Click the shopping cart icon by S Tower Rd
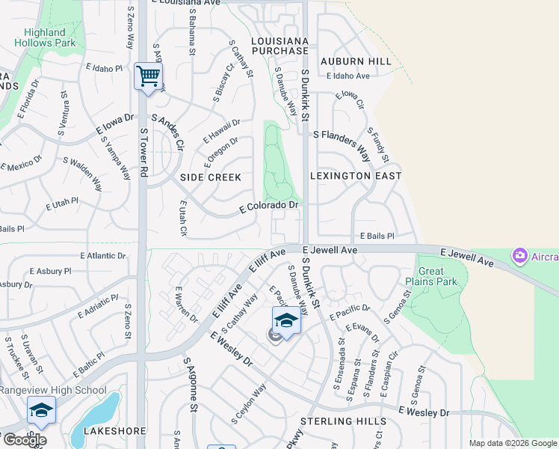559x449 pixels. coord(148,76)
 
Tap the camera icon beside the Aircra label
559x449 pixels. coord(519,257)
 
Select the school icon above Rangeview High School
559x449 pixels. coord(41,411)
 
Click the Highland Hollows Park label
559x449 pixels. coord(45,37)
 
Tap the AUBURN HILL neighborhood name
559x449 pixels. coord(356,61)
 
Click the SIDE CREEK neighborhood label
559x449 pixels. coord(211,177)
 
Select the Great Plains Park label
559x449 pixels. coord(430,276)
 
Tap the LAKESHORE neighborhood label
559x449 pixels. coord(114,432)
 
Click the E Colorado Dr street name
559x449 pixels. coord(269,207)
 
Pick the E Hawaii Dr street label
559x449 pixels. coord(222,131)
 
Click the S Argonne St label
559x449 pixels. coord(191,385)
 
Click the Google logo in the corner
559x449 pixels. coord(24,440)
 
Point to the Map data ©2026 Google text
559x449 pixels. coord(513,443)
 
